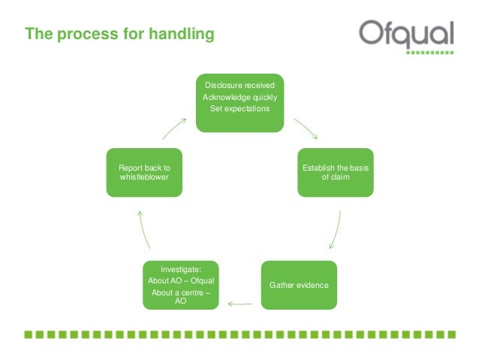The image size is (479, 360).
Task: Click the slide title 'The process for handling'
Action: [x=119, y=34]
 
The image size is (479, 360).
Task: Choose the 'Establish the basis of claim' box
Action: [x=335, y=172]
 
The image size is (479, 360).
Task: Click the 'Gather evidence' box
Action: [x=299, y=286]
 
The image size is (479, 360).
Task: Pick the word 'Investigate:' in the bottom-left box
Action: [x=181, y=268]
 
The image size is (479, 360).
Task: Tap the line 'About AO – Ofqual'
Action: [x=181, y=280]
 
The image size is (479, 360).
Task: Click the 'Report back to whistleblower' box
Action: [x=143, y=172]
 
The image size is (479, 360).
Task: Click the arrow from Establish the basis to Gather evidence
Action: [x=336, y=230]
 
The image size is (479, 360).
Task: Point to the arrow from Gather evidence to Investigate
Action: [x=239, y=304]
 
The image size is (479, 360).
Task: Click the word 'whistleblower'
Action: [x=143, y=177]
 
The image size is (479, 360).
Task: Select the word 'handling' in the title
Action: [x=187, y=34]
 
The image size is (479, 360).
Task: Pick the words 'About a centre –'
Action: [x=181, y=292]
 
